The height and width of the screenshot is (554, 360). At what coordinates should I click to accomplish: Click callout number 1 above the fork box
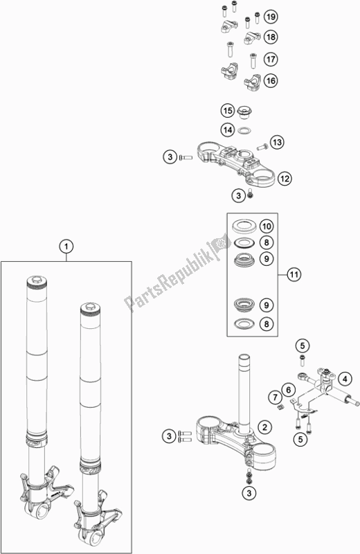[66, 247]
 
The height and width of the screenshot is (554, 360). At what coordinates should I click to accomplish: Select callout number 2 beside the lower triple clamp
[264, 427]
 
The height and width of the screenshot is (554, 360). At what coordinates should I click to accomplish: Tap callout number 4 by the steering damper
[345, 379]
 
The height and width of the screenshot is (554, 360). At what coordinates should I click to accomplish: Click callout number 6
[289, 390]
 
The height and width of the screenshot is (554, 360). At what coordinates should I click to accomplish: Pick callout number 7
[275, 397]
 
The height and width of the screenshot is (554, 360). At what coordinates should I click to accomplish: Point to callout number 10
[267, 226]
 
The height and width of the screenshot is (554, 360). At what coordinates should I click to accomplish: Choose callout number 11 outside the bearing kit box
[294, 274]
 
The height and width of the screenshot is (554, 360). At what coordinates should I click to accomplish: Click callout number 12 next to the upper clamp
[285, 179]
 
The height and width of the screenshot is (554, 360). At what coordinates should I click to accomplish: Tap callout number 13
[277, 143]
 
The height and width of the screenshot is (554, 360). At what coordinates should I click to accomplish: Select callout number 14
[228, 129]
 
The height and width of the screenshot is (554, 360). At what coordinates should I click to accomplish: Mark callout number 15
[228, 111]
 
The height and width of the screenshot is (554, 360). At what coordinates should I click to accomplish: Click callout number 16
[271, 80]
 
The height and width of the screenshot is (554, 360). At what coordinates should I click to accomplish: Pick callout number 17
[271, 59]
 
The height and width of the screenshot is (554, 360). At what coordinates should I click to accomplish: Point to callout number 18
[271, 37]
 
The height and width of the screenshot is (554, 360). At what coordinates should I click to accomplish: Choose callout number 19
[271, 17]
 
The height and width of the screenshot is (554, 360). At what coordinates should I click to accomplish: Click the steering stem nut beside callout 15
[244, 112]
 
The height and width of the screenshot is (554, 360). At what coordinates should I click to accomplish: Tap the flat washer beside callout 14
[244, 130]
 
